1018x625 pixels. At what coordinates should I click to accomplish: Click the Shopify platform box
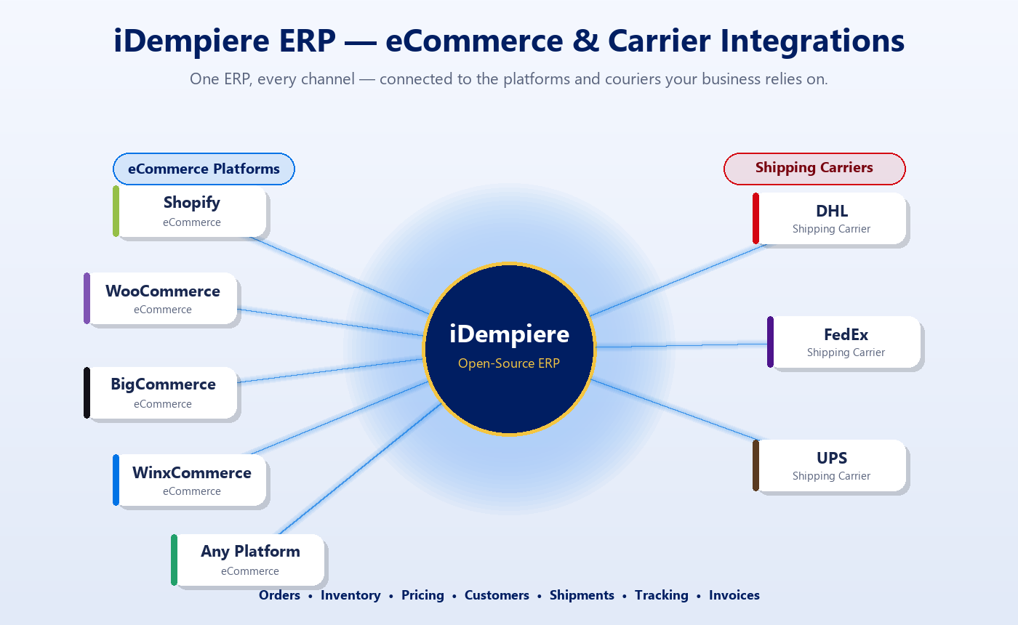pyautogui.click(x=191, y=211)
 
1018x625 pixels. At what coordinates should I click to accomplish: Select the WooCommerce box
pyautogui.click(x=162, y=298)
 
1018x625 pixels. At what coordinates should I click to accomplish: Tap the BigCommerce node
pyautogui.click(x=162, y=392)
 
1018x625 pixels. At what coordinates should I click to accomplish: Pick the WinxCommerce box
pyautogui.click(x=191, y=480)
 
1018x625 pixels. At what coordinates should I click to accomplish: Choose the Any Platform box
pyautogui.click(x=249, y=560)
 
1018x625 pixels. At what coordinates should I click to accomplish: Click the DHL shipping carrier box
pyautogui.click(x=831, y=218)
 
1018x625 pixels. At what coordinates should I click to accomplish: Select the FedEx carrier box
pyautogui.click(x=846, y=342)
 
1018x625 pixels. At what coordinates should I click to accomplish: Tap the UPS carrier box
pyautogui.click(x=831, y=465)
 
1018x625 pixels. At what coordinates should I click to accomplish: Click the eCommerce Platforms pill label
pyautogui.click(x=204, y=169)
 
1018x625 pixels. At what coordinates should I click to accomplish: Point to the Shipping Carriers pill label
pyautogui.click(x=814, y=168)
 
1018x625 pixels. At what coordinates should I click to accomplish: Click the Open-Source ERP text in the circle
pyautogui.click(x=509, y=363)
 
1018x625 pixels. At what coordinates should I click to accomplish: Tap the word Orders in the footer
pyautogui.click(x=279, y=595)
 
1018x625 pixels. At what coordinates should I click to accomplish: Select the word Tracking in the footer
pyautogui.click(x=661, y=595)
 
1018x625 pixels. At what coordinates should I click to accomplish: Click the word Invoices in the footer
pyautogui.click(x=734, y=595)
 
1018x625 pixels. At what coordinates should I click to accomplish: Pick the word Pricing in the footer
pyautogui.click(x=422, y=595)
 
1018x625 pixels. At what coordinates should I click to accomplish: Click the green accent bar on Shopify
pyautogui.click(x=116, y=211)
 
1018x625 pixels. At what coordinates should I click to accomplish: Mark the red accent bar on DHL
pyautogui.click(x=756, y=218)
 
